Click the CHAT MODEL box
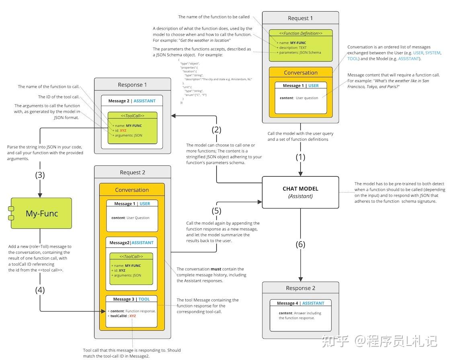(x=300, y=192)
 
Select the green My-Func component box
(x=41, y=214)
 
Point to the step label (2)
(x=217, y=130)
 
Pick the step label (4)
(x=40, y=290)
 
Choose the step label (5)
(x=217, y=211)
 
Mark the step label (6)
(x=300, y=244)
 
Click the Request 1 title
(x=300, y=18)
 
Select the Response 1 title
(x=132, y=85)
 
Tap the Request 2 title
(x=132, y=173)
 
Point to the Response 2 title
(x=300, y=288)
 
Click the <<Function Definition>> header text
(x=301, y=33)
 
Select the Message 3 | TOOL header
(x=131, y=299)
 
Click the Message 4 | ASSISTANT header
(x=300, y=303)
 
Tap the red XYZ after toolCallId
(x=133, y=316)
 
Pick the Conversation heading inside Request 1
(x=301, y=73)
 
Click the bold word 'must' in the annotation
(x=216, y=269)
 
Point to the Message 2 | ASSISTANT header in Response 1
(x=132, y=101)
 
